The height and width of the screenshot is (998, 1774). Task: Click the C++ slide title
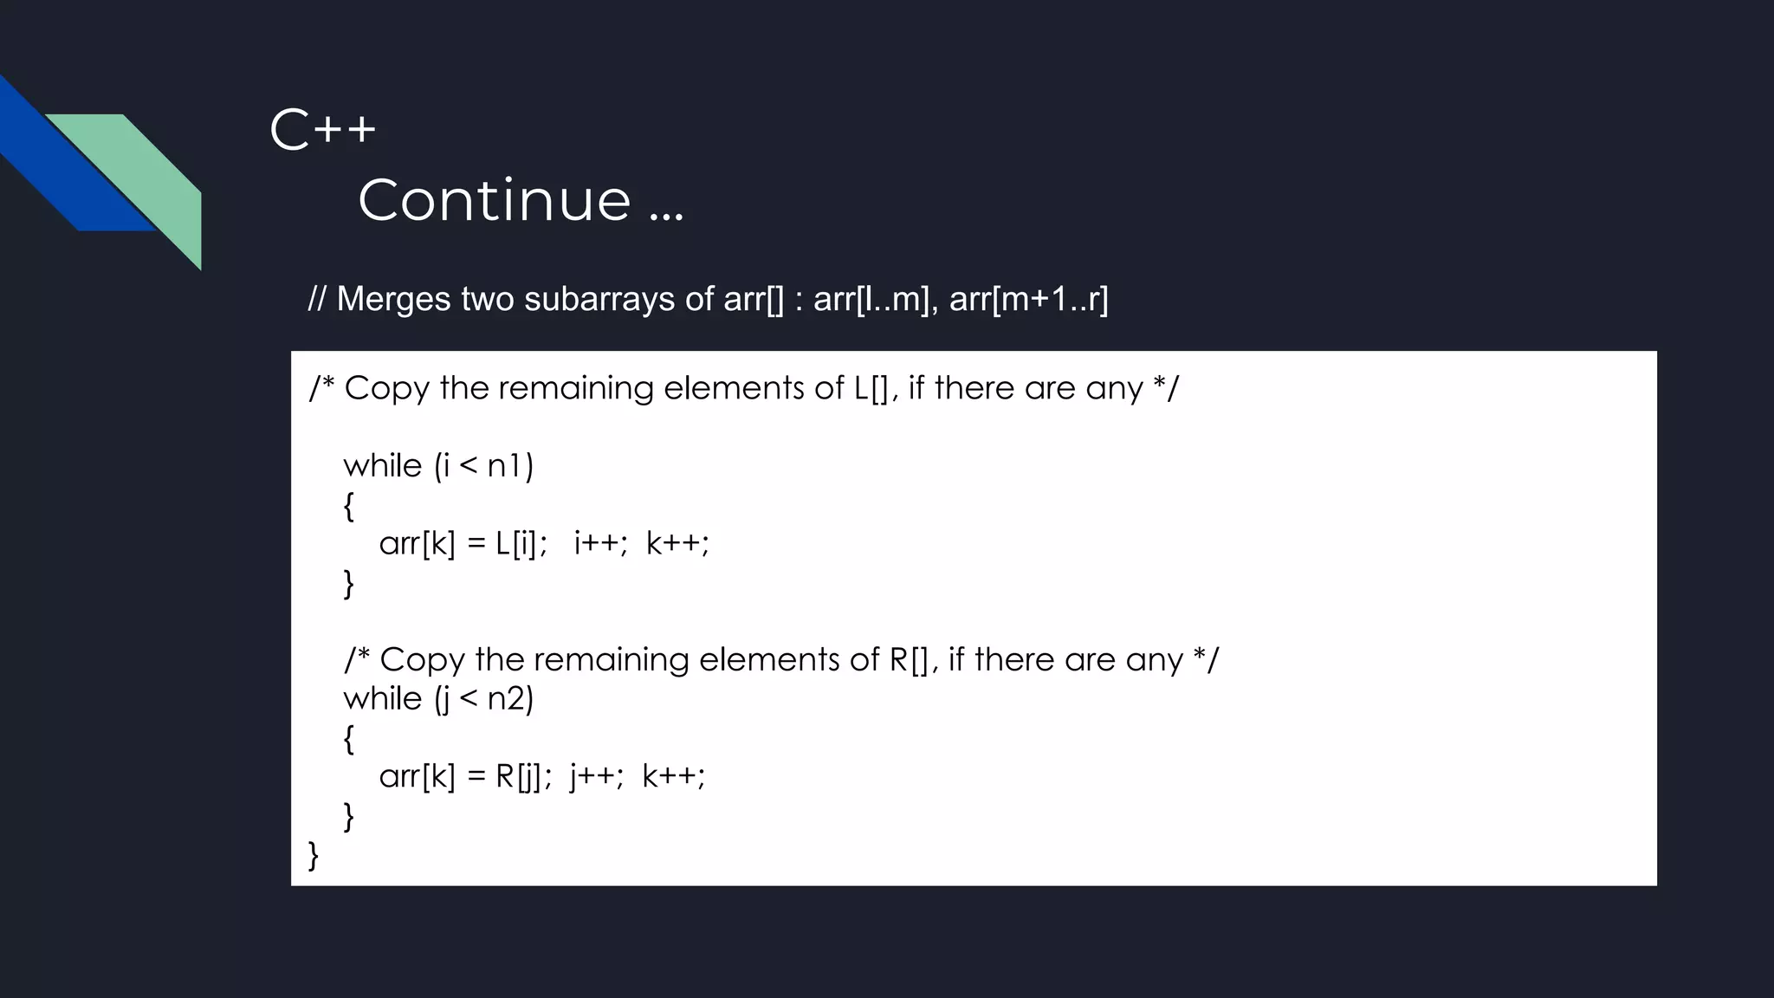click(323, 131)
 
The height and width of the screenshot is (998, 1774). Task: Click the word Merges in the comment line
click(393, 300)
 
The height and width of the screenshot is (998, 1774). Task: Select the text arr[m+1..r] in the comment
click(1028, 300)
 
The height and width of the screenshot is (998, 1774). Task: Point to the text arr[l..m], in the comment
click(876, 300)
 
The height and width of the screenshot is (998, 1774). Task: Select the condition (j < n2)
click(483, 698)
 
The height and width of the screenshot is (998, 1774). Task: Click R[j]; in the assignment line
click(523, 776)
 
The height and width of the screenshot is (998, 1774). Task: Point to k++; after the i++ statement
click(677, 544)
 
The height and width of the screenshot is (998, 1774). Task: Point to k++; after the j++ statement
click(674, 776)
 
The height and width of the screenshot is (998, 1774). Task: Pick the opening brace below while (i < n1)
click(348, 506)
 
